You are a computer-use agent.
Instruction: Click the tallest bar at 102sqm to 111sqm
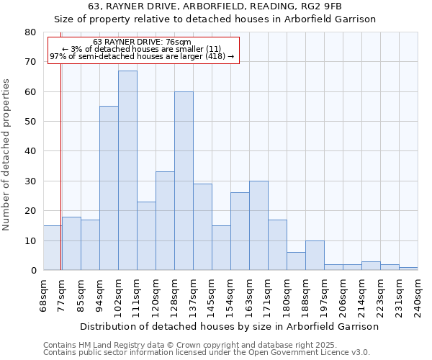(x=127, y=171)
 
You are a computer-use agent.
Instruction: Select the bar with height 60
(x=184, y=181)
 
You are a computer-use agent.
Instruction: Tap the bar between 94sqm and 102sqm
(x=109, y=188)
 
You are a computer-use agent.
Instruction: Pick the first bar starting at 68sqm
(x=53, y=248)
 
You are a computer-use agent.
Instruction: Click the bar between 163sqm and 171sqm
(x=258, y=225)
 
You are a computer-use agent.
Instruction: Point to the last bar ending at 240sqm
(x=408, y=269)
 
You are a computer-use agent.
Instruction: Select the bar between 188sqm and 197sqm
(x=315, y=256)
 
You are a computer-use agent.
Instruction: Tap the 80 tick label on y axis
(x=30, y=32)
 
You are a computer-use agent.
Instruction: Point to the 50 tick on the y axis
(x=30, y=122)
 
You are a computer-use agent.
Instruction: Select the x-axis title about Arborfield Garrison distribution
(x=229, y=326)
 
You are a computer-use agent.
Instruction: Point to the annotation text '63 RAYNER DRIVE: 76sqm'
(x=143, y=42)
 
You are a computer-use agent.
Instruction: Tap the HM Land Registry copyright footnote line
(x=189, y=345)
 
